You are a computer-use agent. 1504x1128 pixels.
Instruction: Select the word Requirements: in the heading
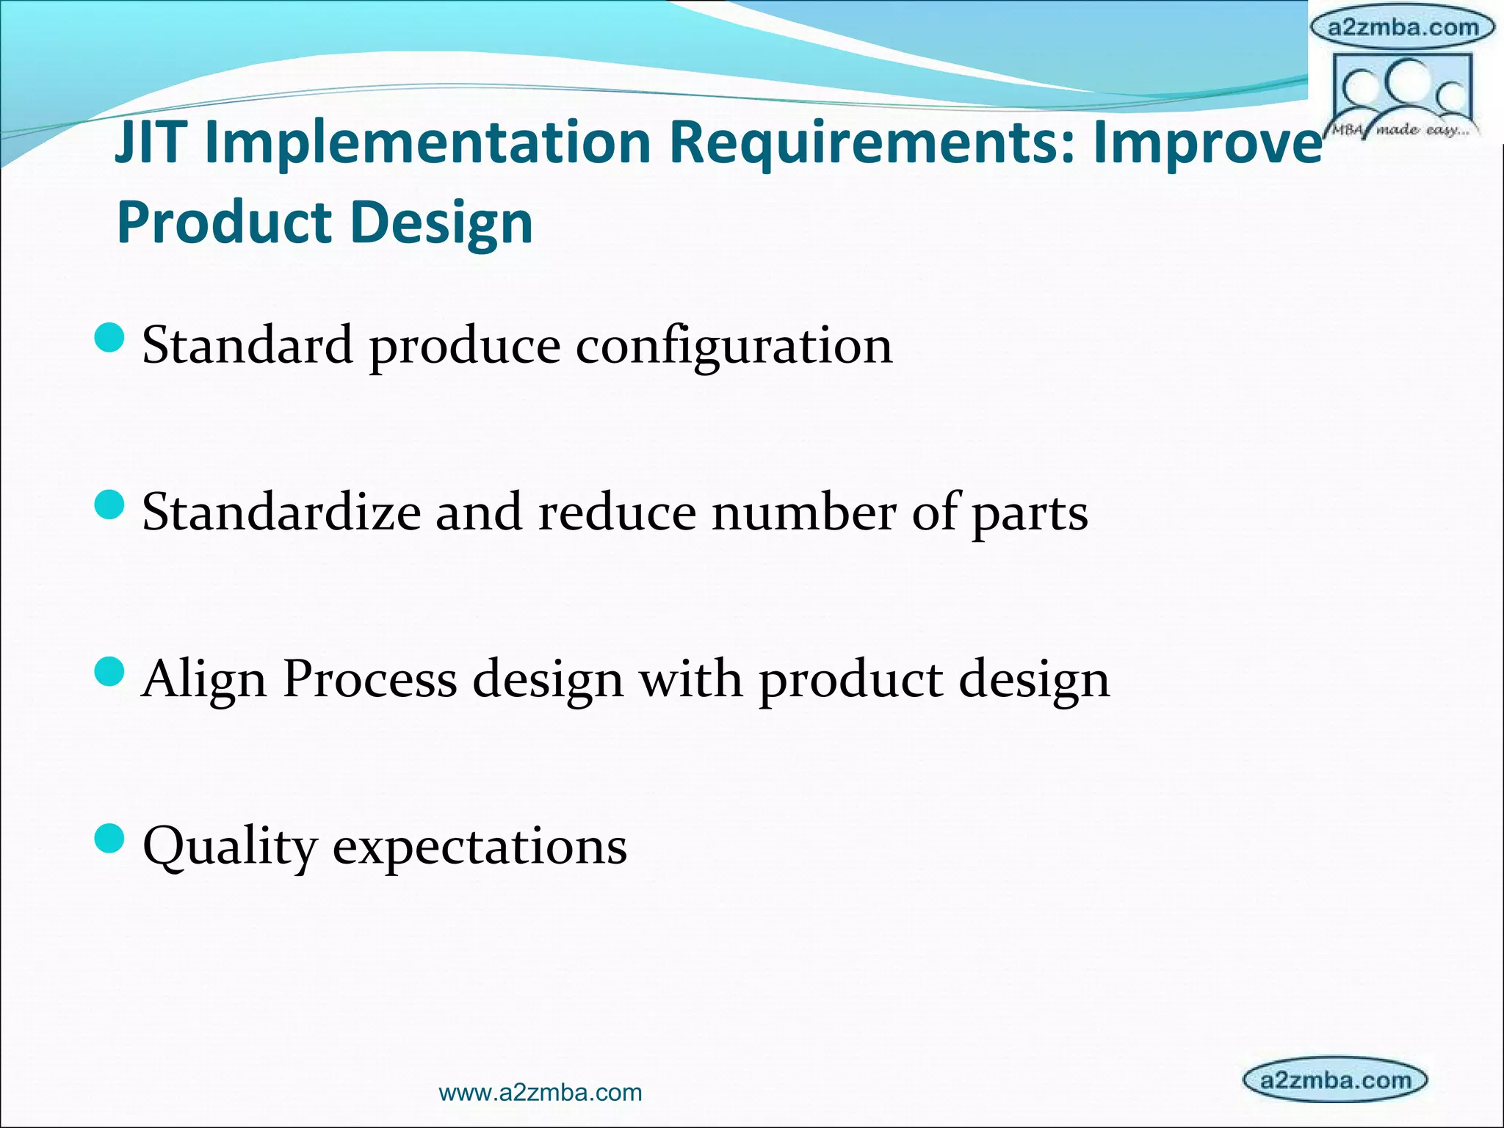point(872,142)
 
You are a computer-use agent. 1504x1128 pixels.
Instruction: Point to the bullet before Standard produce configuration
point(110,339)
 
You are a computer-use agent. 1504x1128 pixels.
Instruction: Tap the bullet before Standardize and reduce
point(110,505)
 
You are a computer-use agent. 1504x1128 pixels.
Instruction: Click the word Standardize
point(281,512)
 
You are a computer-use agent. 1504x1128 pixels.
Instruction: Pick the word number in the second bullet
point(803,512)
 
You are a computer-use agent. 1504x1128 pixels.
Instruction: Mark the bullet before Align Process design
point(110,671)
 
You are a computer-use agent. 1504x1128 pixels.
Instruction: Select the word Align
point(204,679)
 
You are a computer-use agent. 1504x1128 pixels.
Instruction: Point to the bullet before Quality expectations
point(110,838)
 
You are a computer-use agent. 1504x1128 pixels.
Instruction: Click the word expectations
point(480,847)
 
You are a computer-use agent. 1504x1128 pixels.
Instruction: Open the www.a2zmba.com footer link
point(540,1092)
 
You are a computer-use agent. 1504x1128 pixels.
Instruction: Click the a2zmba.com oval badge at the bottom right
point(1335,1080)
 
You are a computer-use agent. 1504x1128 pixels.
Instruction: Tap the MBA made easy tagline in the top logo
point(1401,131)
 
